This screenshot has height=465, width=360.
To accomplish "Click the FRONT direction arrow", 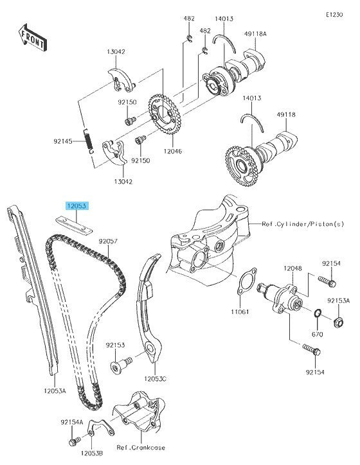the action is (33, 37).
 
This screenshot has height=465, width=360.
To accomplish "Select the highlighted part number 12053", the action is (77, 206).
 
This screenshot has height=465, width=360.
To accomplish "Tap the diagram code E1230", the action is (334, 15).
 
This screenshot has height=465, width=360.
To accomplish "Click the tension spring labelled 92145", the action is (89, 141).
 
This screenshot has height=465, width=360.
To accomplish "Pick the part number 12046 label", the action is (172, 151).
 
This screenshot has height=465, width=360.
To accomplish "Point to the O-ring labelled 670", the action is (318, 313).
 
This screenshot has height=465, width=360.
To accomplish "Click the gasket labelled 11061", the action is (246, 281).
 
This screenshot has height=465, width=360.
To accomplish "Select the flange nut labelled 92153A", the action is (339, 322).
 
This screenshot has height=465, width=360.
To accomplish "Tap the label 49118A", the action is (255, 34).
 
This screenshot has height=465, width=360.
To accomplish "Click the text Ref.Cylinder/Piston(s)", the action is (303, 224).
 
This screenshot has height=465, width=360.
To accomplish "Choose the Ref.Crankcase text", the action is (141, 448).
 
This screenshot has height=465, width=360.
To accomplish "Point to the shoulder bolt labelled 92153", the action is (121, 365).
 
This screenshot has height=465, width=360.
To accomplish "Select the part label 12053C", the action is (155, 379).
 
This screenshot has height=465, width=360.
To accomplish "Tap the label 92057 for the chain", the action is (108, 241).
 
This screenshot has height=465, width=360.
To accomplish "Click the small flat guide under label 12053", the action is (74, 225).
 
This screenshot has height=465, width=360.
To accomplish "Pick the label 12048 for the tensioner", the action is (292, 268).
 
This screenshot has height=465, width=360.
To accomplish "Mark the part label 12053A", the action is (55, 390).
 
